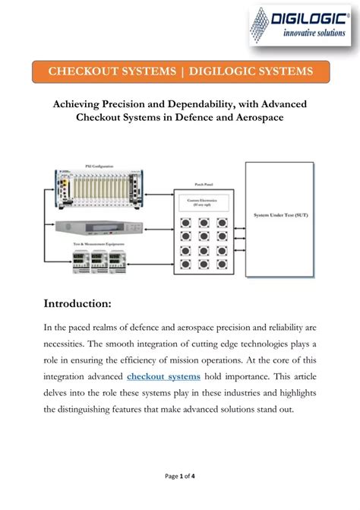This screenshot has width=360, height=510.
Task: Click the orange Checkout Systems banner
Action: (x=180, y=71)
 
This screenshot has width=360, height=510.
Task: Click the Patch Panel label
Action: (x=201, y=184)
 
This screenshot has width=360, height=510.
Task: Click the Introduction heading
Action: (x=78, y=304)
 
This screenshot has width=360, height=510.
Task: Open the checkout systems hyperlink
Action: (x=163, y=376)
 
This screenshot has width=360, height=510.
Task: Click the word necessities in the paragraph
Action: (x=72, y=344)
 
